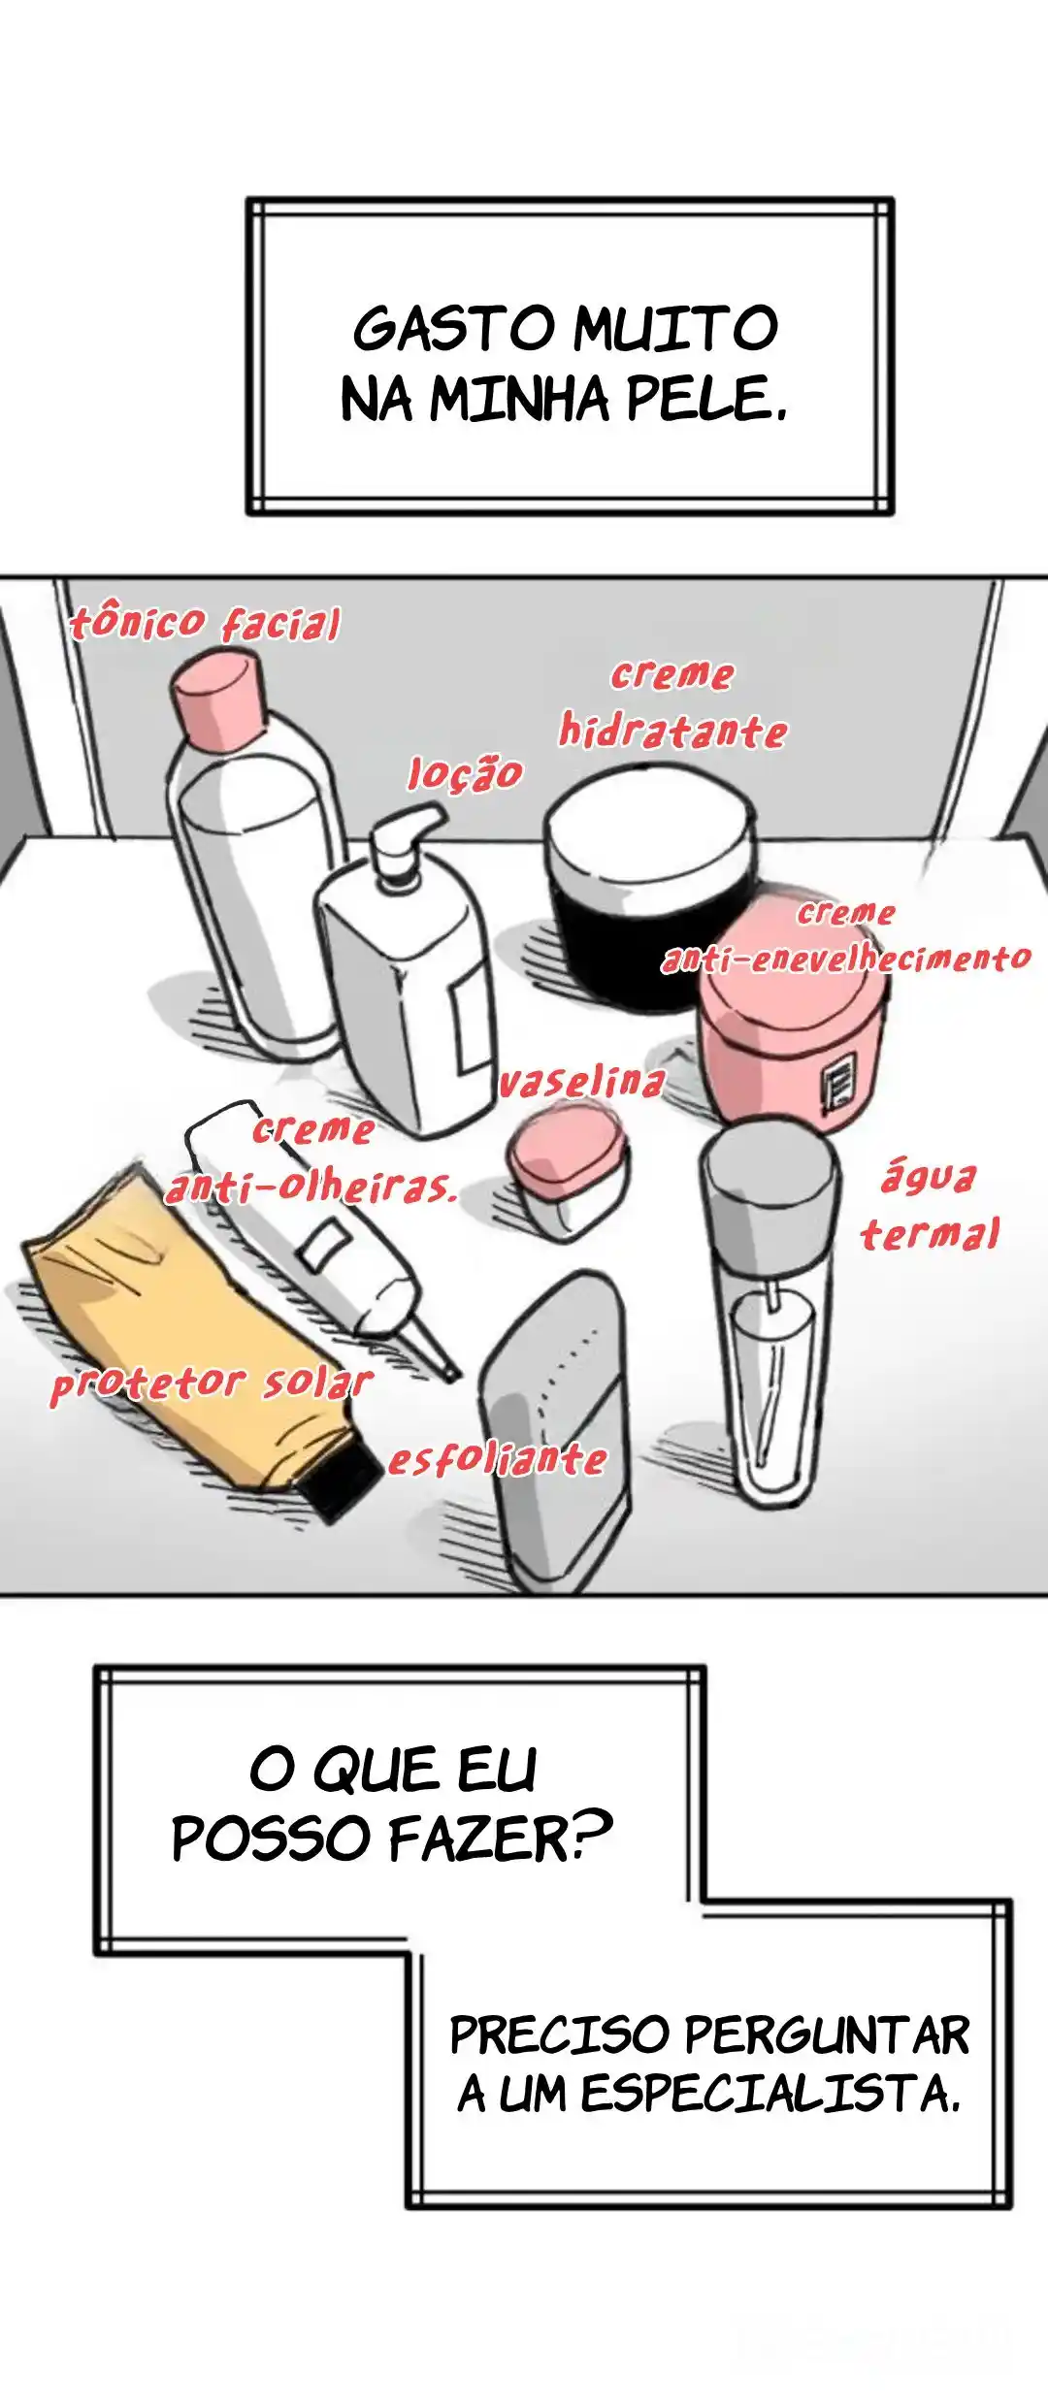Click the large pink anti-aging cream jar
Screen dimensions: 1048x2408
point(791,1014)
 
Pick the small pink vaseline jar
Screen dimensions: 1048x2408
point(568,1173)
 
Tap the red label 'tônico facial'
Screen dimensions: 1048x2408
point(206,623)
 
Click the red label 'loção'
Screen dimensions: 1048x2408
point(465,773)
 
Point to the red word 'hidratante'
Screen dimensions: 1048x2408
point(672,730)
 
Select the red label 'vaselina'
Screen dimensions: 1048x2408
point(582,1080)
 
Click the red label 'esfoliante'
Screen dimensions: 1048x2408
point(498,1458)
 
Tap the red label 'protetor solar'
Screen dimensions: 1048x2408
point(212,1383)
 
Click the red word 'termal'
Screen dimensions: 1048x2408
point(930,1233)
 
